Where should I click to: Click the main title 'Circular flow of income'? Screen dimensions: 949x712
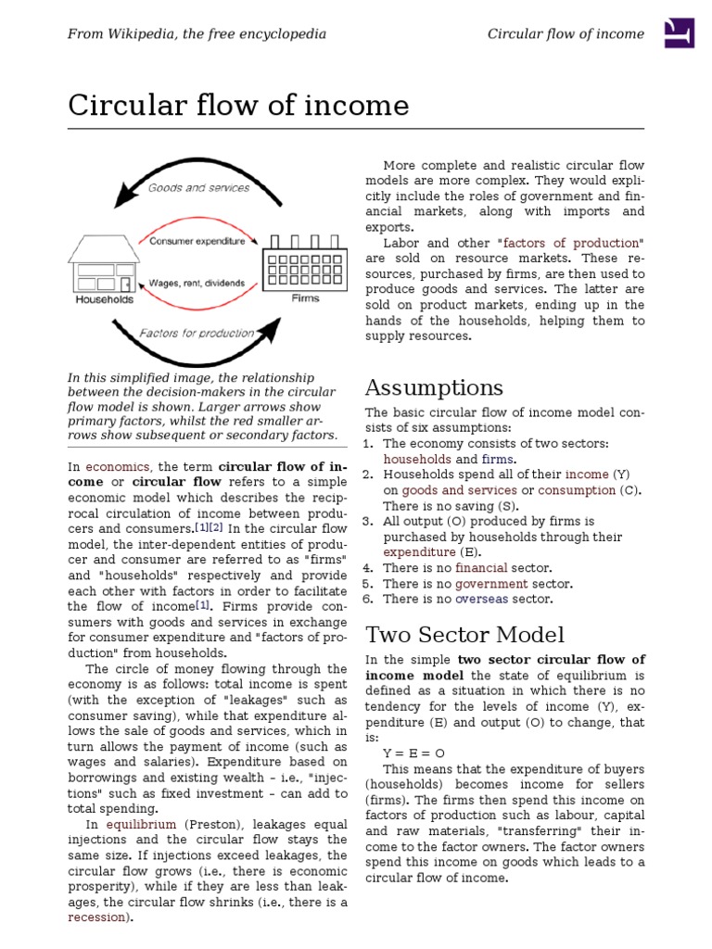click(x=238, y=107)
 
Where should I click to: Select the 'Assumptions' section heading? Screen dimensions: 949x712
click(x=434, y=387)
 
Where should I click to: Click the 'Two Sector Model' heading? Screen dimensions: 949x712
click(x=464, y=635)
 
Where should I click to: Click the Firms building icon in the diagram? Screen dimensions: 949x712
click(x=305, y=263)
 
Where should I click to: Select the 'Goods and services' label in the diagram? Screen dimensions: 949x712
click(x=199, y=187)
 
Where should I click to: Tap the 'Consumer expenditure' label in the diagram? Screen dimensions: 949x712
click(x=197, y=241)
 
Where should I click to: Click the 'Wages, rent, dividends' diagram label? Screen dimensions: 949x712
click(x=197, y=283)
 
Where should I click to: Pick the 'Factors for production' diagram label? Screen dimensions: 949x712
click(x=197, y=333)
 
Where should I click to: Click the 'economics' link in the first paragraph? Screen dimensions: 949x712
click(x=119, y=466)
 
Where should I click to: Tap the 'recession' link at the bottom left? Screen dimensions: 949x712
click(x=98, y=917)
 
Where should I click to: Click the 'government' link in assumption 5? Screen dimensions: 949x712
click(x=491, y=584)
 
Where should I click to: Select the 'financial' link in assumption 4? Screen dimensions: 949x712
click(x=480, y=568)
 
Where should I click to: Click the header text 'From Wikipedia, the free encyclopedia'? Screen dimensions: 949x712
click(x=197, y=33)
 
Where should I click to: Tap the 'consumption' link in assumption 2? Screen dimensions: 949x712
click(x=577, y=490)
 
